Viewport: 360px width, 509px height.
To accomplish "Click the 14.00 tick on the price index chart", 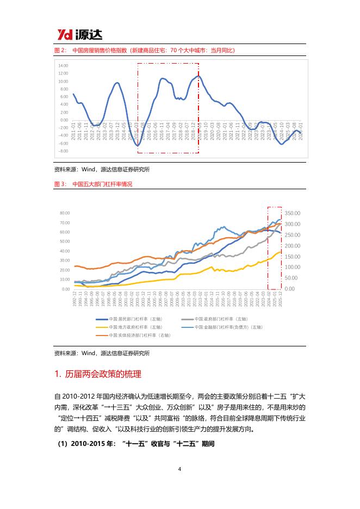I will coord(63,65).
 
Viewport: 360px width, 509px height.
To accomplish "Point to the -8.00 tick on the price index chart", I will coord(63,151).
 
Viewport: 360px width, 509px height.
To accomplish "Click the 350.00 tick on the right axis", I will coord(293,213).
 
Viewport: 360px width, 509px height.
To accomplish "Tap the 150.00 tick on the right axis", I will coord(293,257).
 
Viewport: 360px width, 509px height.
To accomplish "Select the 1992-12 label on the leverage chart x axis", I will coord(74,300).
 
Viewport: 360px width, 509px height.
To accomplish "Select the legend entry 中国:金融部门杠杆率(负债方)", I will coord(220,327).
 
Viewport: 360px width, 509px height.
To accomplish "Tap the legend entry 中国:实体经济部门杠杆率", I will coord(136,336).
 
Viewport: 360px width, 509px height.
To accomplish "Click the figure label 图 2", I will coord(60,50).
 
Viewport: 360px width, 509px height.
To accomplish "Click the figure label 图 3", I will coord(60,184).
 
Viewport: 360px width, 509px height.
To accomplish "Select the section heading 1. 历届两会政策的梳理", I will coord(98,374).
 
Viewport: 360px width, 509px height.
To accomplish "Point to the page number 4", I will coord(179,469).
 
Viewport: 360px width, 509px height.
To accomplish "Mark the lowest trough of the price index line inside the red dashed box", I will coord(138,146).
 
